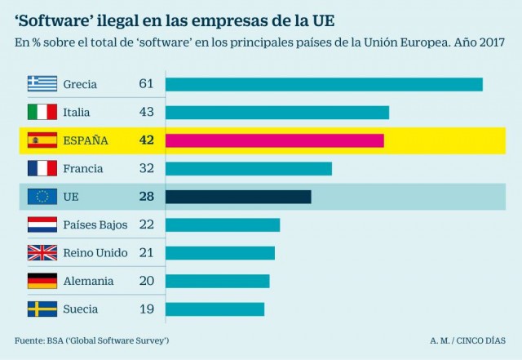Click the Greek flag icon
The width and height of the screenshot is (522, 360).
tap(42, 84)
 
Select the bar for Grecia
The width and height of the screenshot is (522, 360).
tap(324, 84)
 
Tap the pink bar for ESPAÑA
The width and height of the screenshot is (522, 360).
tap(274, 140)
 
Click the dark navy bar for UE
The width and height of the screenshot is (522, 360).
tap(238, 197)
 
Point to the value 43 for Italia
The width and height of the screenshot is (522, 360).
tap(146, 113)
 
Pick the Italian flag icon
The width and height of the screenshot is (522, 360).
tap(42, 113)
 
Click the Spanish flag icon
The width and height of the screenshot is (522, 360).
tap(42, 140)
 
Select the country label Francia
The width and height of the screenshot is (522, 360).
tap(83, 169)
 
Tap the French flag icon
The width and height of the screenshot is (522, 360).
tap(42, 169)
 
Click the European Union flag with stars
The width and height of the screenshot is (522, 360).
tap(42, 197)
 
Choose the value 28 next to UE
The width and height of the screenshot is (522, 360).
tap(146, 197)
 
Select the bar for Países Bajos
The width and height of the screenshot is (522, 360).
tap(223, 224)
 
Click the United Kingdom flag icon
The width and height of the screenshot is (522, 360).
tap(42, 253)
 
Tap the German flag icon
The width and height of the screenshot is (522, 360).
tap(42, 281)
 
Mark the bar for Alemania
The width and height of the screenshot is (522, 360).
tap(217, 281)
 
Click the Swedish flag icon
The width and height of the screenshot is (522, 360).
tap(42, 309)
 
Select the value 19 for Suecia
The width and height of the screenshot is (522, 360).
tap(146, 309)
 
